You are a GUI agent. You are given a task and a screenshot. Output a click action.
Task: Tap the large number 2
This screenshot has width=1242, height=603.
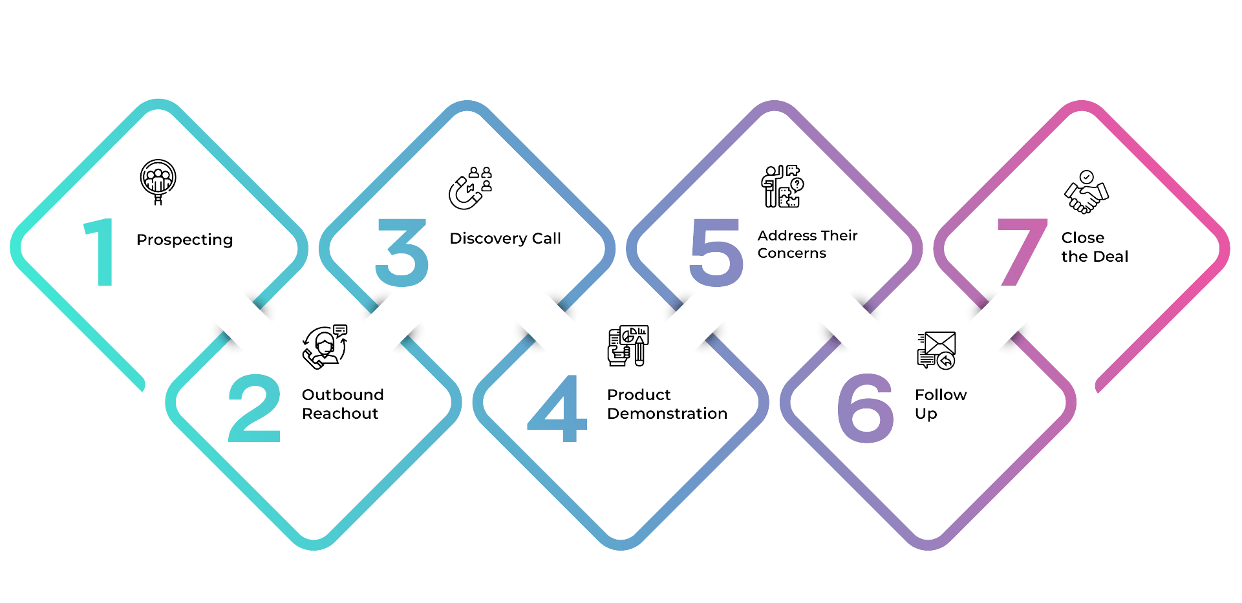pyautogui.click(x=255, y=408)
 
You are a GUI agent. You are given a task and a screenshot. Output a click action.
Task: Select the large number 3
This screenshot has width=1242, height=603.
pyautogui.click(x=402, y=253)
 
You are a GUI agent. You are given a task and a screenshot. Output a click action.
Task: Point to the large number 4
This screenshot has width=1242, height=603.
pyautogui.click(x=557, y=409)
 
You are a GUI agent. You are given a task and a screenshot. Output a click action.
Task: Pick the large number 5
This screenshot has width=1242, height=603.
pyautogui.click(x=716, y=253)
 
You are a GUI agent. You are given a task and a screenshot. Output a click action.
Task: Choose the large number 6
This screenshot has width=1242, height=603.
pyautogui.click(x=865, y=409)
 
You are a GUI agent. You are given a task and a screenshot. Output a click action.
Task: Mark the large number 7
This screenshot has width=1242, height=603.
pyautogui.click(x=1022, y=252)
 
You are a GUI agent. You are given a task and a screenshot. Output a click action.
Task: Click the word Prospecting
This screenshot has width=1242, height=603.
pyautogui.click(x=184, y=240)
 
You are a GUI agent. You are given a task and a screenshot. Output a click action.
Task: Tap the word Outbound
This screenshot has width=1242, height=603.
pyautogui.click(x=343, y=395)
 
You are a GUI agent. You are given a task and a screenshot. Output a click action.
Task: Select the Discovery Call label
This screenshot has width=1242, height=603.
pyautogui.click(x=505, y=238)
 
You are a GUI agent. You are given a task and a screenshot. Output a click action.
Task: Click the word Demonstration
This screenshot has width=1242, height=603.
pyautogui.click(x=667, y=414)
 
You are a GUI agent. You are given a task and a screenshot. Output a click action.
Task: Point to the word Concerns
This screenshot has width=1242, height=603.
pyautogui.click(x=791, y=253)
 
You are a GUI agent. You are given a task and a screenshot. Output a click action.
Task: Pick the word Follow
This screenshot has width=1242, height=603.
pyautogui.click(x=941, y=395)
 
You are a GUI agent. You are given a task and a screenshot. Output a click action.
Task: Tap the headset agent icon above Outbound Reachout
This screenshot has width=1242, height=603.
pyautogui.click(x=325, y=346)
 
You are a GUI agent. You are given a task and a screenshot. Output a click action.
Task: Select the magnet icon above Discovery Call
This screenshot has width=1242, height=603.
pyautogui.click(x=470, y=188)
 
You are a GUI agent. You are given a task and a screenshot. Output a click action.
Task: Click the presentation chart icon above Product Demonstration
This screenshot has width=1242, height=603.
pyautogui.click(x=628, y=345)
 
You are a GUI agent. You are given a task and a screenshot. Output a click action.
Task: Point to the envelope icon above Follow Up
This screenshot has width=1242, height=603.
pyautogui.click(x=936, y=350)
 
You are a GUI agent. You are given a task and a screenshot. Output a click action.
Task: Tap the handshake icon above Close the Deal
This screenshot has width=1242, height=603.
pyautogui.click(x=1086, y=192)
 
